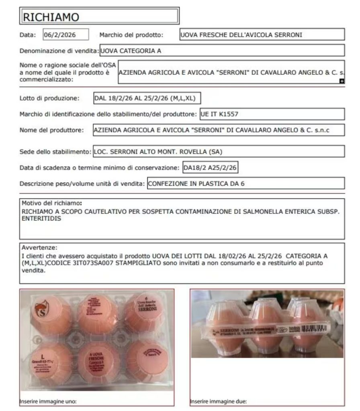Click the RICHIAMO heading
[x=51, y=17]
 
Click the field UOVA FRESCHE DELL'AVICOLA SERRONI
[x=262, y=35]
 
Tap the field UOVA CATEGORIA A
[x=222, y=51]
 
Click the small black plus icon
[x=342, y=81]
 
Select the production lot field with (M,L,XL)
[x=147, y=98]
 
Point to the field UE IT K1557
[x=272, y=114]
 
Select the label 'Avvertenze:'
[x=39, y=247]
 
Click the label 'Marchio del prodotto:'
[x=131, y=35]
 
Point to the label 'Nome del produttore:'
[x=51, y=130]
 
